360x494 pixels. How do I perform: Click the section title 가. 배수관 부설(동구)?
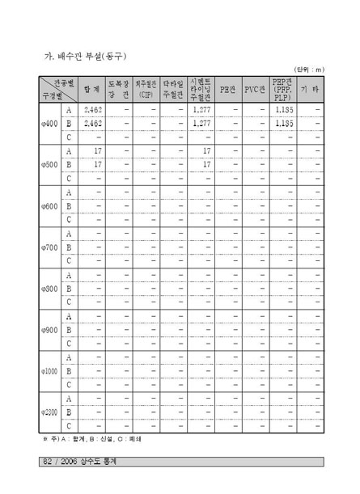(x=84, y=56)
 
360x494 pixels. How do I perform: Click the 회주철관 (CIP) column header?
(x=147, y=89)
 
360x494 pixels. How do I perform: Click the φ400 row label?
(x=49, y=124)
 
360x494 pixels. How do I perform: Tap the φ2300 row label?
(x=49, y=412)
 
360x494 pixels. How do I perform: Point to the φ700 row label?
(x=49, y=247)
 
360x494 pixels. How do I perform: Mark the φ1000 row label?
(x=49, y=371)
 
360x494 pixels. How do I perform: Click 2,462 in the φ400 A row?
(x=93, y=109)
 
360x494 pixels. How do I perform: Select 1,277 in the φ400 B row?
(x=202, y=124)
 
